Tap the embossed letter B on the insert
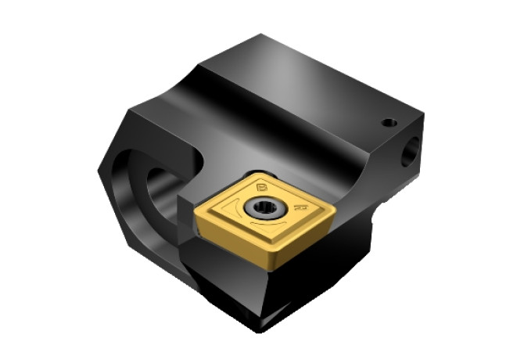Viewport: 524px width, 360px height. pyautogui.click(x=261, y=186)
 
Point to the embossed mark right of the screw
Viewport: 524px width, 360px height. pyautogui.click(x=299, y=209)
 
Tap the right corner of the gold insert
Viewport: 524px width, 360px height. pyautogui.click(x=334, y=205)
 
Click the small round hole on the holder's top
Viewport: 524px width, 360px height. pyautogui.click(x=386, y=122)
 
